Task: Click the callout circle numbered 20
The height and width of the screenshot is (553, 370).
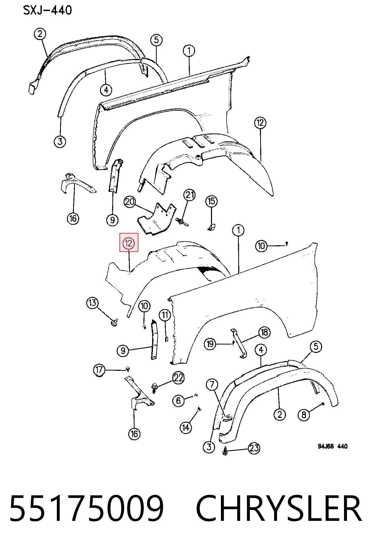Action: click(x=130, y=202)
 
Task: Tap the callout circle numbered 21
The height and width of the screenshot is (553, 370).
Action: click(x=189, y=195)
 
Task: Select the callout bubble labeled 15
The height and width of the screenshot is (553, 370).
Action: click(x=212, y=201)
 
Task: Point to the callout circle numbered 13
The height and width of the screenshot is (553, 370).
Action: click(x=93, y=303)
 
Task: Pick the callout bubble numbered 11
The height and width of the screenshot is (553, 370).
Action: click(x=165, y=315)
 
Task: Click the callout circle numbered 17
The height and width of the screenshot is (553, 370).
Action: click(x=99, y=370)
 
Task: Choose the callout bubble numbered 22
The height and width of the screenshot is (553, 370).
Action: click(x=178, y=377)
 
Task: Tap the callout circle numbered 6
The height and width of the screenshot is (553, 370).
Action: click(x=178, y=400)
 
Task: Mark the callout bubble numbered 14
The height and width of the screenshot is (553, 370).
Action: click(x=186, y=427)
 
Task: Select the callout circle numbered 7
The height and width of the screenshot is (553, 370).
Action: click(x=212, y=385)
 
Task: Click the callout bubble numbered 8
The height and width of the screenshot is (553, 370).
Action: click(x=304, y=415)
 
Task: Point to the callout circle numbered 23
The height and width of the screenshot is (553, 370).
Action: click(x=254, y=448)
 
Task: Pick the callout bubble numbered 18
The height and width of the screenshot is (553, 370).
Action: click(x=265, y=332)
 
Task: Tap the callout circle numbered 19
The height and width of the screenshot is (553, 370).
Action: click(x=210, y=344)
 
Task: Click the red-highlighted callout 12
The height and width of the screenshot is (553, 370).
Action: click(x=129, y=243)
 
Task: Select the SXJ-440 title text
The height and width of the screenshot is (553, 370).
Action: click(x=48, y=10)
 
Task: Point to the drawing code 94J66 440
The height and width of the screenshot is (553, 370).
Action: click(x=333, y=446)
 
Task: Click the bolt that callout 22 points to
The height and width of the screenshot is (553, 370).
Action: click(x=154, y=388)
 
